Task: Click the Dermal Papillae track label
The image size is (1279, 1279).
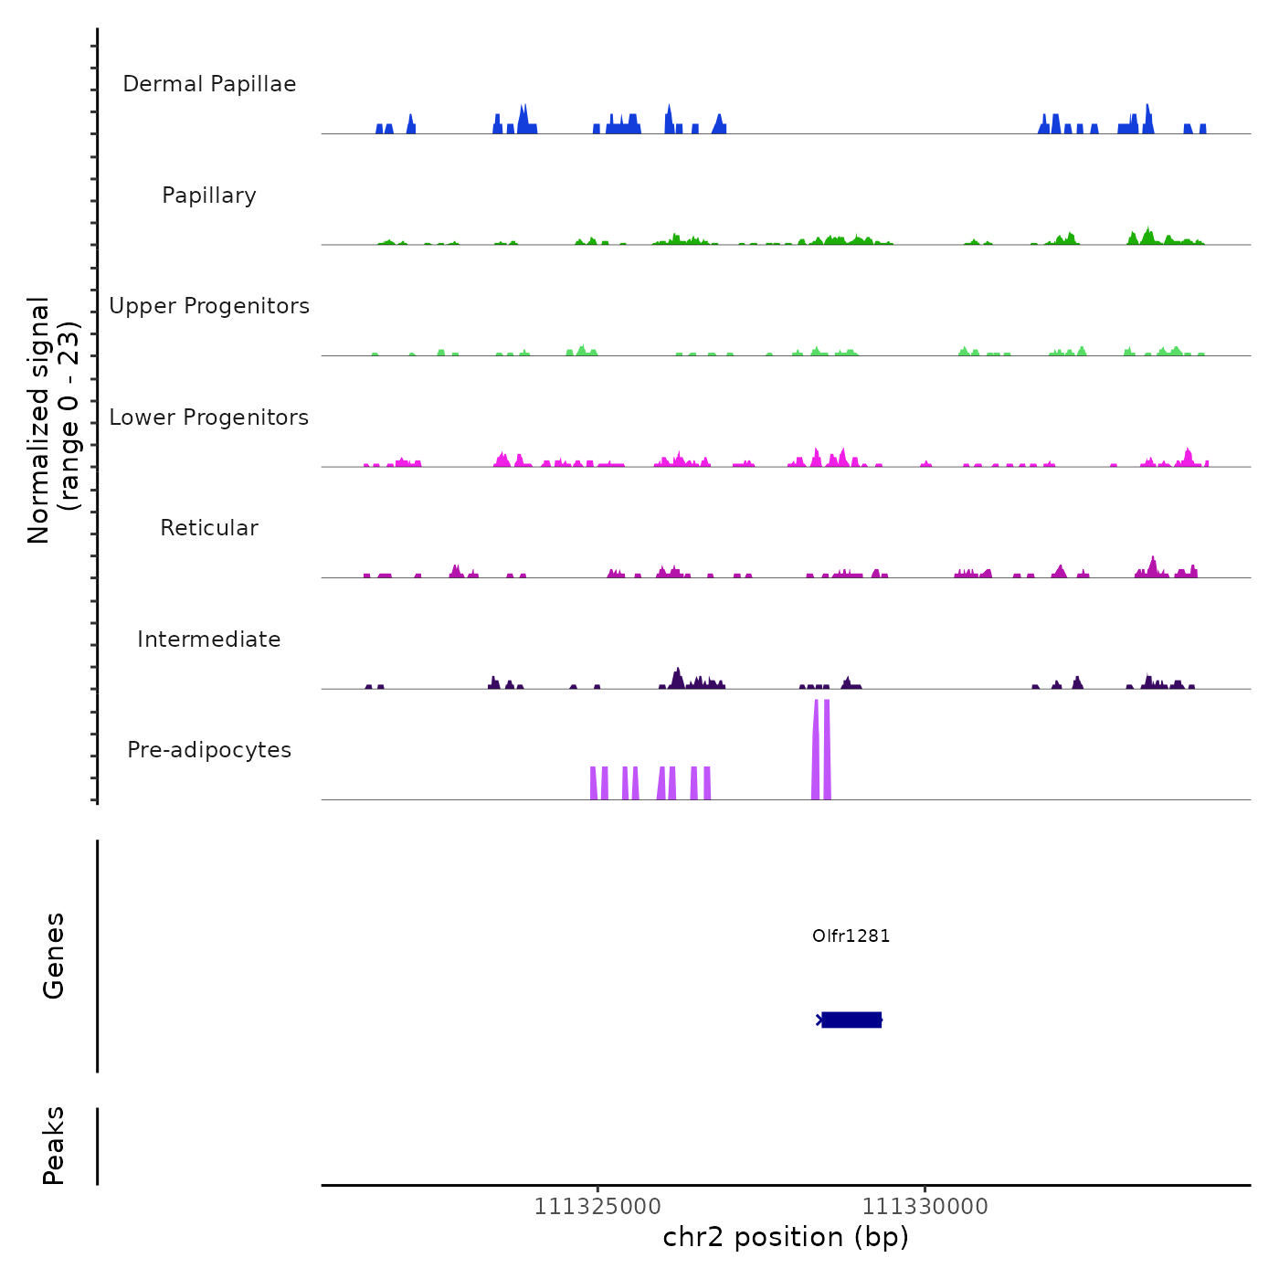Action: tap(209, 84)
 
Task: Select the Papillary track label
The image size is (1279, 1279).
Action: tap(209, 196)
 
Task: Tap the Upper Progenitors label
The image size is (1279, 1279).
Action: tap(209, 306)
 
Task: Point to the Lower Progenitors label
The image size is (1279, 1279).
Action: tap(209, 418)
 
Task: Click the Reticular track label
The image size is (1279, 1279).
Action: tap(209, 528)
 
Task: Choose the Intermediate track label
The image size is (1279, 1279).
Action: tap(209, 639)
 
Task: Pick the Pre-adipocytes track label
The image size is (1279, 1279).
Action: tap(209, 750)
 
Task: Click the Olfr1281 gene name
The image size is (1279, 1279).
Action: tap(851, 935)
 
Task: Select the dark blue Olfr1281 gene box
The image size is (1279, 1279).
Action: tap(851, 1020)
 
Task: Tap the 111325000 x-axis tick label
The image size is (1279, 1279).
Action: tap(597, 1207)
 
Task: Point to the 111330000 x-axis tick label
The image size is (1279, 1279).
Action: tap(925, 1207)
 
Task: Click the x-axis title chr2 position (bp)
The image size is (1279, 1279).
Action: tap(786, 1237)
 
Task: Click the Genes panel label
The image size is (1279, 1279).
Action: tap(54, 956)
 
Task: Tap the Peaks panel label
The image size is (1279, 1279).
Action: tap(54, 1146)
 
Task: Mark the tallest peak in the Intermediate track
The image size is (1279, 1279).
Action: tap(677, 677)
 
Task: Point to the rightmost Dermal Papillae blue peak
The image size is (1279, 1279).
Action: tap(1203, 129)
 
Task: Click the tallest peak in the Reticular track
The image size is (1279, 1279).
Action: tap(1153, 566)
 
